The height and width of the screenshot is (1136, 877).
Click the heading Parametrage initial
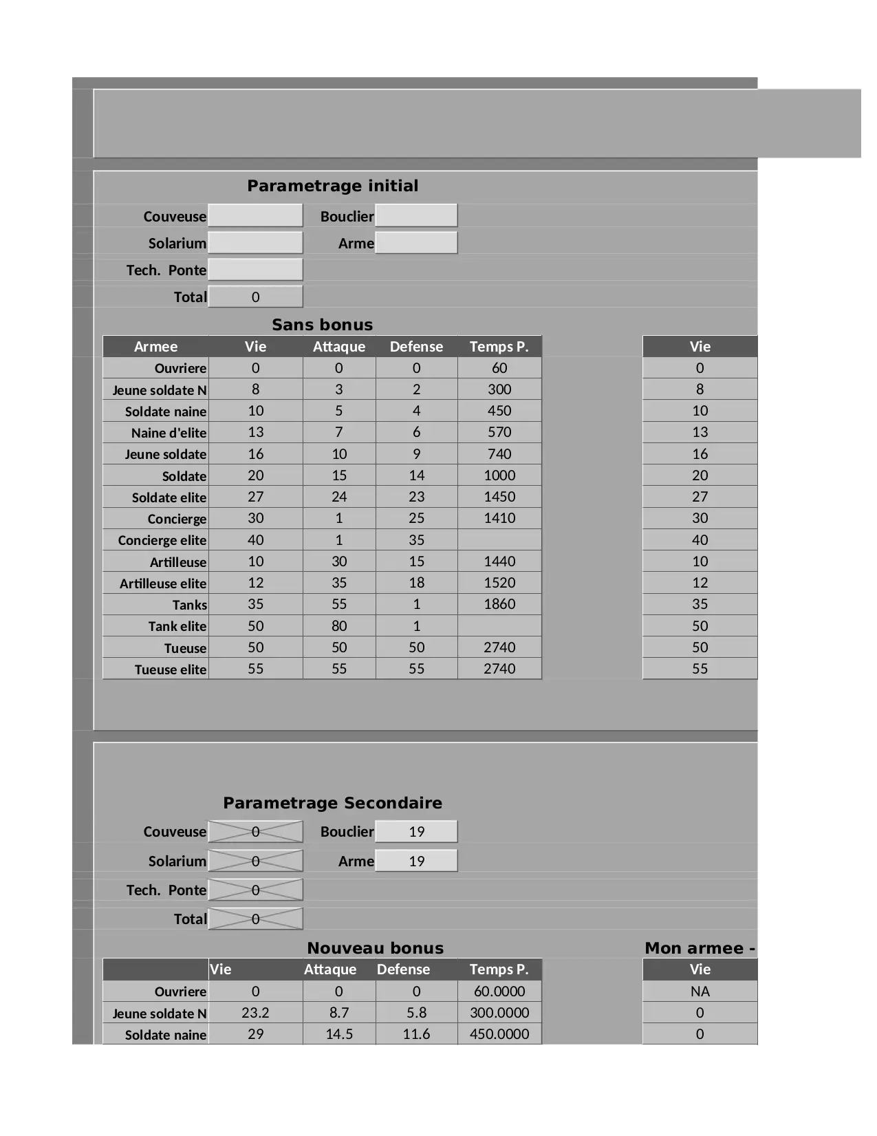click(332, 186)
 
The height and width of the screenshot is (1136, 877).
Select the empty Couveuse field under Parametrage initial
click(255, 215)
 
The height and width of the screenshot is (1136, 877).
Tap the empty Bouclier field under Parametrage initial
click(416, 215)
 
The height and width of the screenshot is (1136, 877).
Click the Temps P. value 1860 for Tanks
click(499, 604)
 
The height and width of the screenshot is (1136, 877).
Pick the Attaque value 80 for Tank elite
click(339, 626)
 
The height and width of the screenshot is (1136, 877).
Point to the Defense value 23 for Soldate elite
click(416, 497)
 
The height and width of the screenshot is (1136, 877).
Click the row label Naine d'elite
click(169, 433)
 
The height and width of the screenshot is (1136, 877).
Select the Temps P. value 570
click(499, 432)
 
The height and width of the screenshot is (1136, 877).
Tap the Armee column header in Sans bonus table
click(155, 347)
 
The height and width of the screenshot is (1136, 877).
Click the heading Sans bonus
click(322, 325)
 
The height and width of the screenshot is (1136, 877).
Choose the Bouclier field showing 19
click(416, 831)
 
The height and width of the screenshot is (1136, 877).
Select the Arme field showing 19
click(416, 861)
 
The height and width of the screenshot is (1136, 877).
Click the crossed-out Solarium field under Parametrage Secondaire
click(255, 861)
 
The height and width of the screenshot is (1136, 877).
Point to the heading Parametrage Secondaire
click(332, 803)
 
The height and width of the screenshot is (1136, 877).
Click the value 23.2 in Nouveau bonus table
click(255, 1013)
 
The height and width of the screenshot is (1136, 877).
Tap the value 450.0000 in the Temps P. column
click(499, 1034)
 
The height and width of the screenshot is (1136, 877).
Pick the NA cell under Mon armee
click(700, 992)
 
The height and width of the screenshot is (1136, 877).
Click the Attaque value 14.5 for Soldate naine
click(339, 1034)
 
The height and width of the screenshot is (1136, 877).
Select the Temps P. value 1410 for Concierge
click(499, 518)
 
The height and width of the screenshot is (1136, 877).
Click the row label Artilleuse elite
click(163, 583)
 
